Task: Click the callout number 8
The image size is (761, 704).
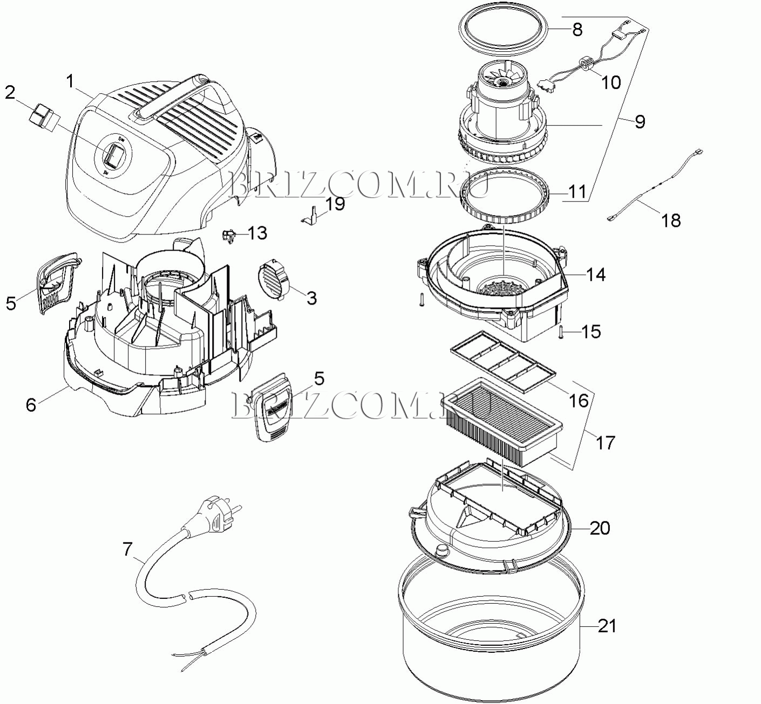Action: point(577,29)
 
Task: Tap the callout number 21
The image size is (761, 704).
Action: point(607,626)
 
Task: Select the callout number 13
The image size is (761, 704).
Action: point(257,233)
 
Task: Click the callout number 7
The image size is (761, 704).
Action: point(127,549)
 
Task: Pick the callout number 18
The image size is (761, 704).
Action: point(671,220)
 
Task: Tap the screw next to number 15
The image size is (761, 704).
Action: point(560,332)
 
